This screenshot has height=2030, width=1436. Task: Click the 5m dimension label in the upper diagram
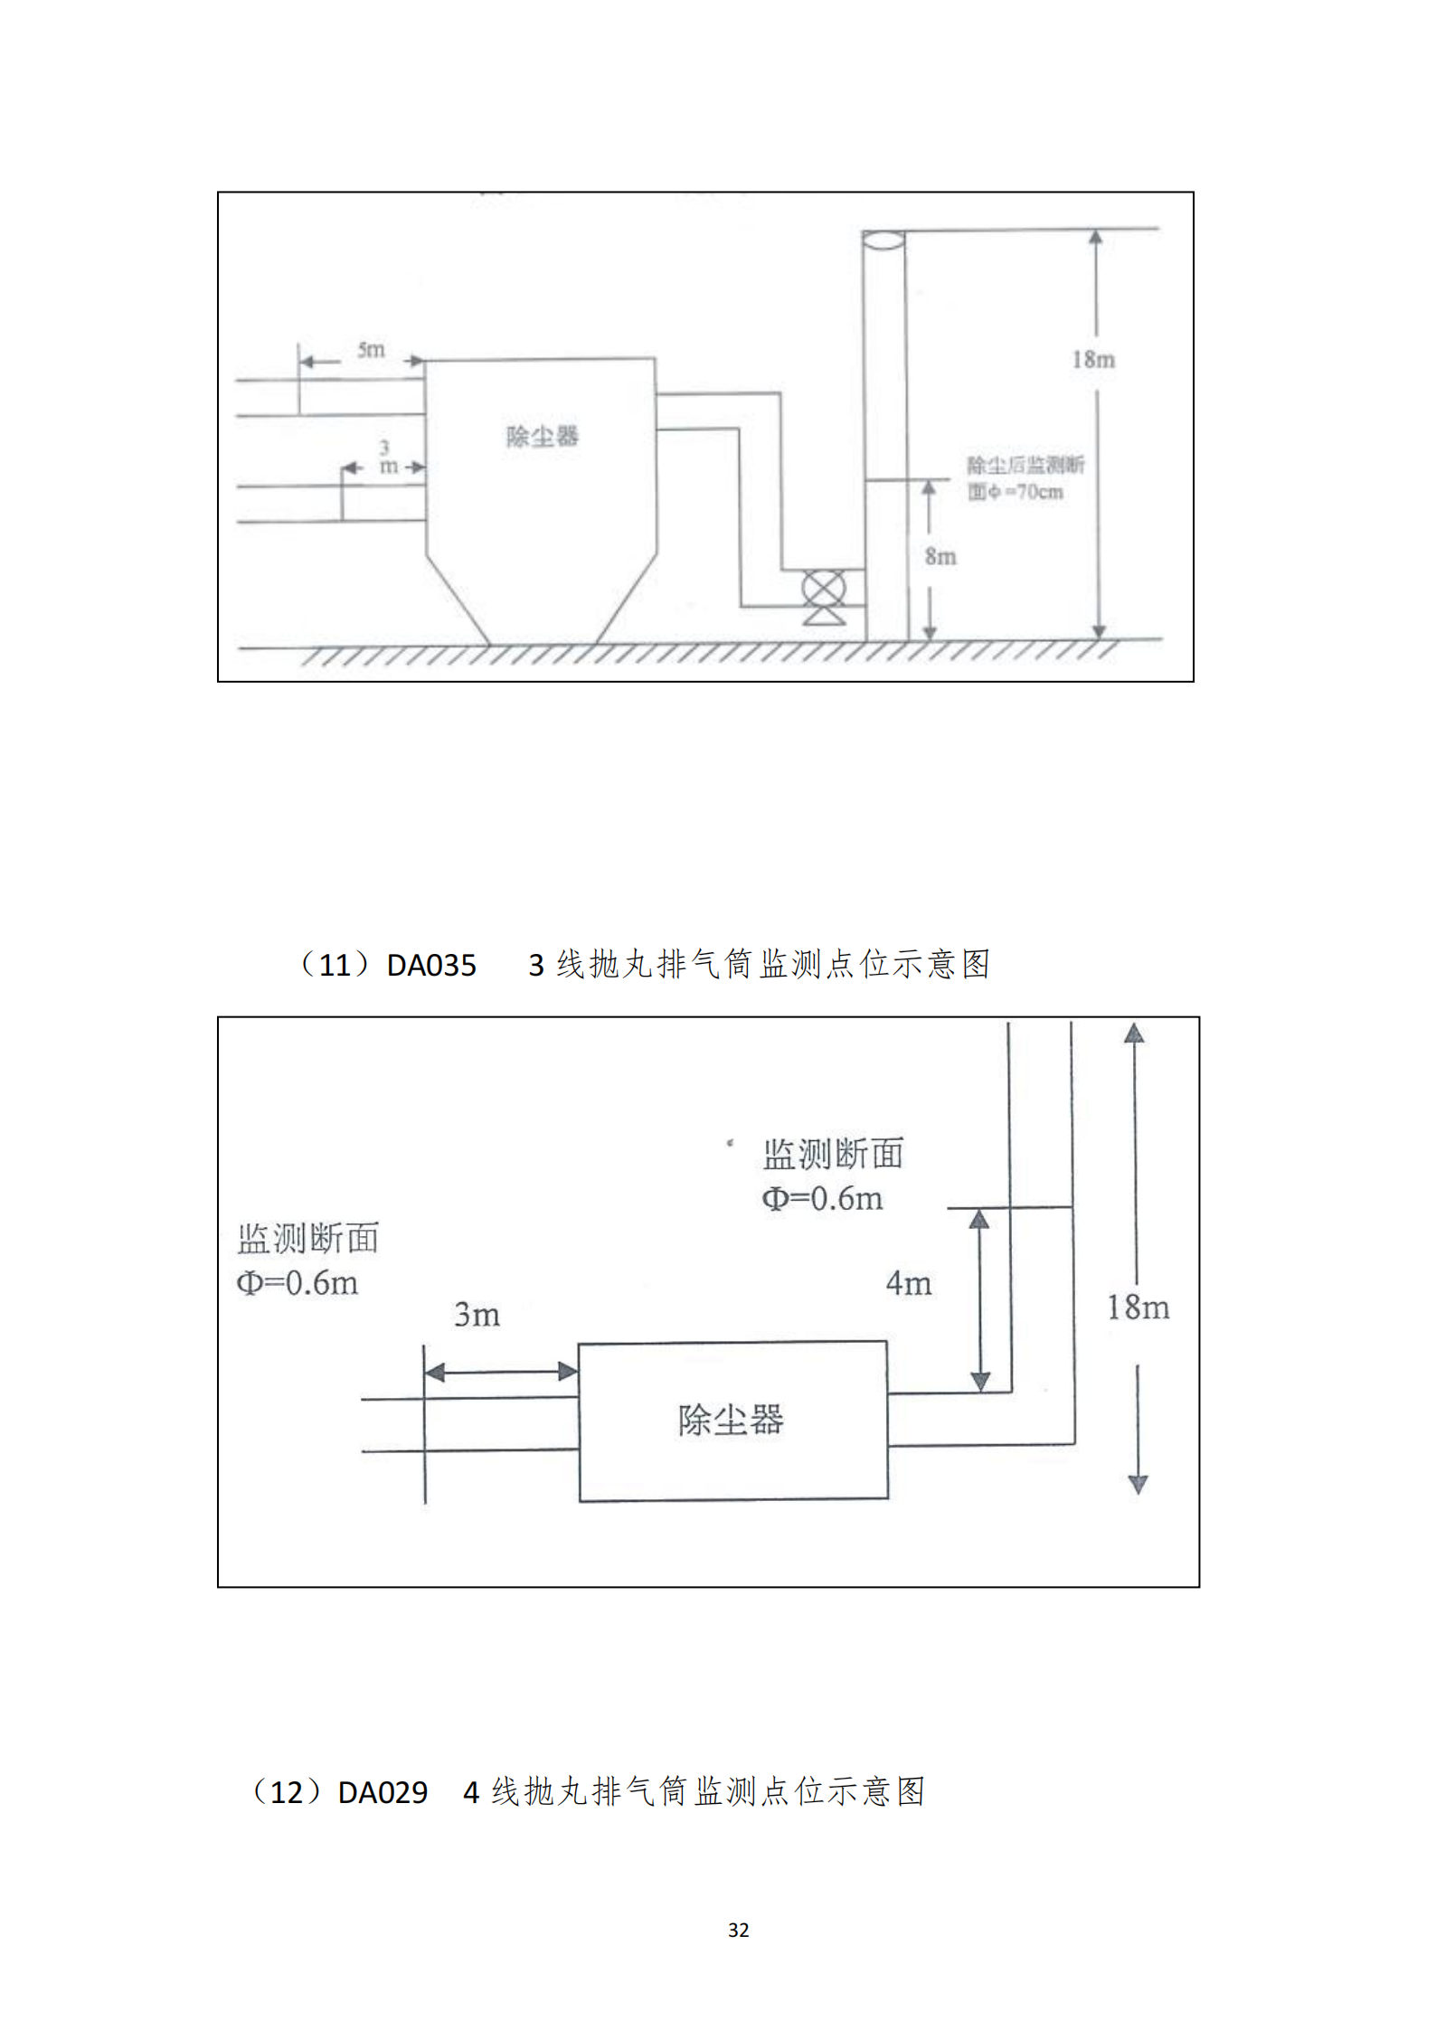(371, 349)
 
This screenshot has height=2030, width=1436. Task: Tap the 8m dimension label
(940, 556)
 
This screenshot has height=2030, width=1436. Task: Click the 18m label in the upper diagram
(1093, 359)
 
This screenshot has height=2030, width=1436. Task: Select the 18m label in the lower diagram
(1138, 1308)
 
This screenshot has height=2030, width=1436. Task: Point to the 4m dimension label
(908, 1283)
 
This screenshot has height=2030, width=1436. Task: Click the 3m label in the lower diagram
(477, 1315)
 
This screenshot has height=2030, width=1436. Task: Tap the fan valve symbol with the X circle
(824, 590)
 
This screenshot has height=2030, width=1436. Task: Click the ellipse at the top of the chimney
(883, 240)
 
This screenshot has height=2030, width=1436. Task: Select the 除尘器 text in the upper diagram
(542, 437)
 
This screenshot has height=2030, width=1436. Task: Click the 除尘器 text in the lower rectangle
(731, 1420)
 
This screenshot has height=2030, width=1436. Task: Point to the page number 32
(738, 1930)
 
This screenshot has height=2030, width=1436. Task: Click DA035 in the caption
(431, 966)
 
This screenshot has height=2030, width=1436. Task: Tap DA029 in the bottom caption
(383, 1792)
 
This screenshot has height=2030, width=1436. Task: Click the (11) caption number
(334, 966)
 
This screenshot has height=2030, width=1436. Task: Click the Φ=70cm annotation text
(1016, 493)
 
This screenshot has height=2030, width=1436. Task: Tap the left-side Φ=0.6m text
(298, 1283)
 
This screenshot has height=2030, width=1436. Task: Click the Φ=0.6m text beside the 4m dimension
(822, 1199)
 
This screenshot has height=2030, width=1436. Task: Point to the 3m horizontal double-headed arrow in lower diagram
(501, 1372)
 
